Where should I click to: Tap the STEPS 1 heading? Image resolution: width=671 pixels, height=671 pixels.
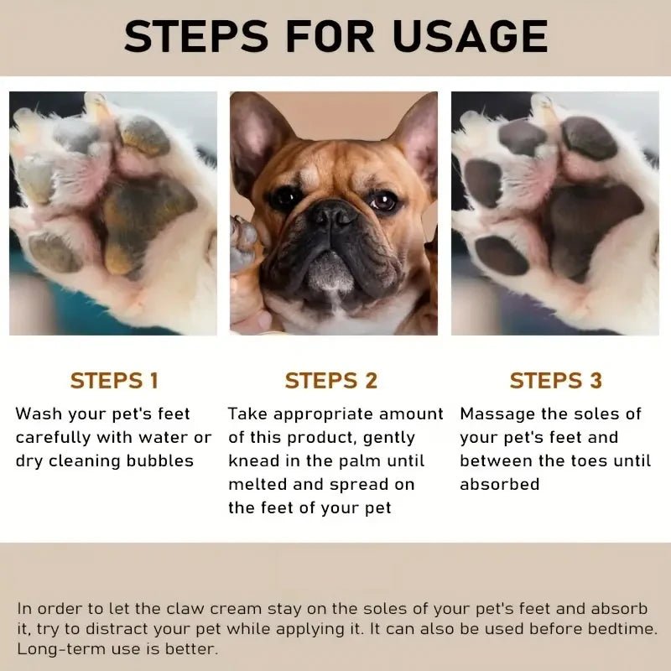point(114,380)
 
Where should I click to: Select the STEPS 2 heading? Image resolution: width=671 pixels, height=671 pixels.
point(331,380)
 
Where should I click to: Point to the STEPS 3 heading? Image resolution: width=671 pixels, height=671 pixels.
point(555,380)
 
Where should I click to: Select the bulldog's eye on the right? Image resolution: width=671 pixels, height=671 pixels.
point(382,201)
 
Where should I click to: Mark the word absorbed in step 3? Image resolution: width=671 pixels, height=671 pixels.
point(499,484)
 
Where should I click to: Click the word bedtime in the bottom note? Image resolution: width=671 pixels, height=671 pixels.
point(623,628)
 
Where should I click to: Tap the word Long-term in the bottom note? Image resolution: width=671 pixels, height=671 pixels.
point(55,648)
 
